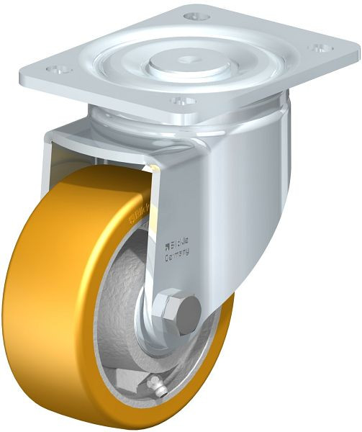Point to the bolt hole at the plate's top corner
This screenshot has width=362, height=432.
(192, 15)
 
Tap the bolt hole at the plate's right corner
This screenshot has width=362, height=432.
(317, 49)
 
